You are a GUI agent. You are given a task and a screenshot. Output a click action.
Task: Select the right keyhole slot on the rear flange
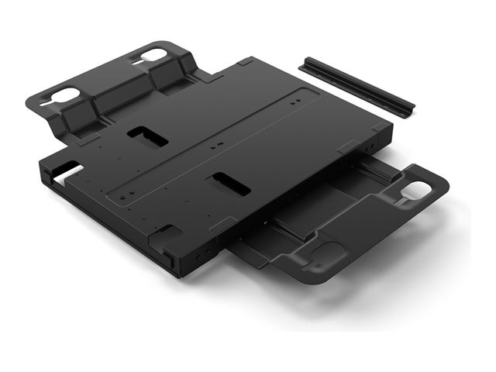point(153,56)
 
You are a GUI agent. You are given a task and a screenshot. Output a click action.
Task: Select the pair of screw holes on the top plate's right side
point(295,100)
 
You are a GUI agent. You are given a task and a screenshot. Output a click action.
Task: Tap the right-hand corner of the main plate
point(387,132)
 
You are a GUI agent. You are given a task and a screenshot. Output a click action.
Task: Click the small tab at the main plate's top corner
point(245,61)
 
